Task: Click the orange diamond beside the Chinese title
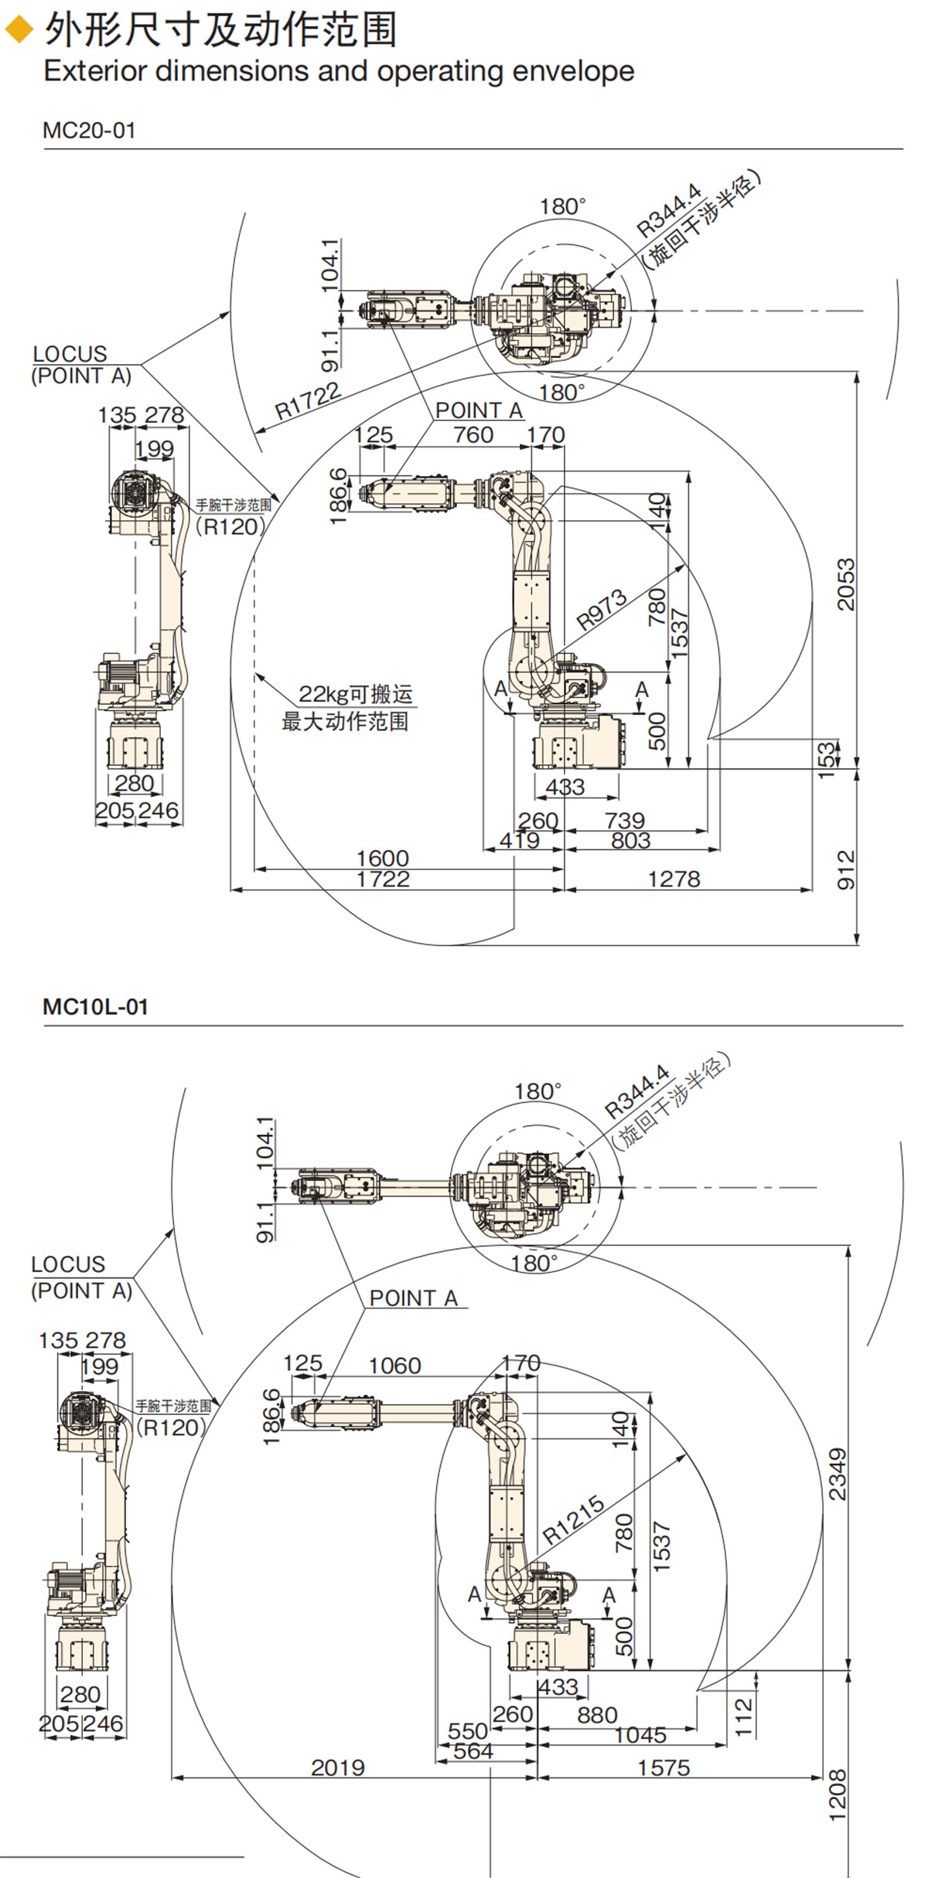click(x=19, y=30)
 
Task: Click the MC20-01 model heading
click(x=89, y=130)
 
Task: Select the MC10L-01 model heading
click(x=95, y=1007)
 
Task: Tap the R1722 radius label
click(x=308, y=400)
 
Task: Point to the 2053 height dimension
click(x=847, y=584)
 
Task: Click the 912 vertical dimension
click(x=847, y=869)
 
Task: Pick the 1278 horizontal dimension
click(x=674, y=879)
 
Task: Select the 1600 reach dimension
click(x=382, y=858)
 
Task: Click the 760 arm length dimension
click(x=473, y=435)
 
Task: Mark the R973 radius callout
click(x=601, y=609)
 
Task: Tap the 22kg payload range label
click(x=355, y=694)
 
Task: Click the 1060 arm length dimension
click(x=394, y=1366)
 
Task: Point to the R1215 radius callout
click(x=573, y=1519)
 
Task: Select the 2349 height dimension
click(x=838, y=1475)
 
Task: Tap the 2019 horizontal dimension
click(x=338, y=1767)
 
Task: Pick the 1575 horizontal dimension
click(x=664, y=1767)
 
